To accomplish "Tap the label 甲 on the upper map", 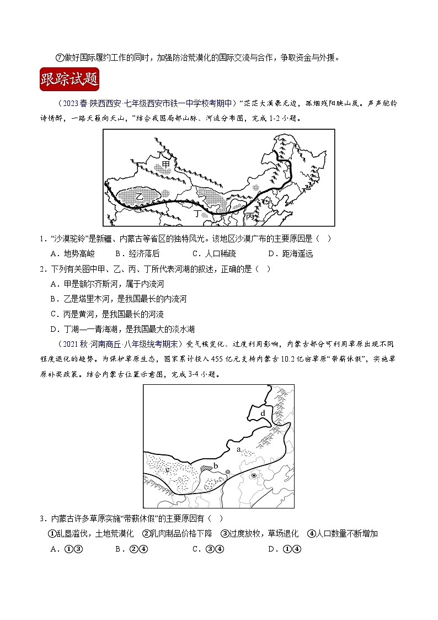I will pyautogui.click(x=165, y=157).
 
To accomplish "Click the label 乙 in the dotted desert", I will pyautogui.click(x=140, y=196).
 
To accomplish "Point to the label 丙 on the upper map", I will pyautogui.click(x=251, y=215).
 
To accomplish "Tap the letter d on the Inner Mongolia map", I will pyautogui.click(x=263, y=413).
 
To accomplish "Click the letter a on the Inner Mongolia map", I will pyautogui.click(x=238, y=449).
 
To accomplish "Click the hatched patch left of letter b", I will pyautogui.click(x=206, y=468).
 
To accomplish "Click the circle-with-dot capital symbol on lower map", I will pyautogui.click(x=253, y=475).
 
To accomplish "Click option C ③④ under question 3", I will pyautogui.click(x=207, y=548).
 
